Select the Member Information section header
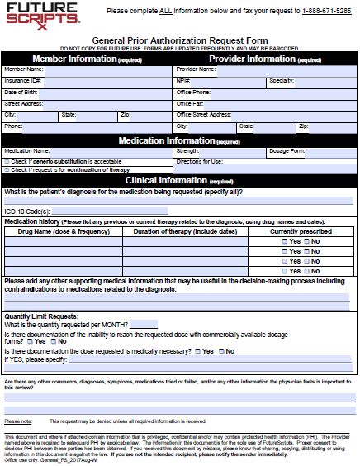(x=88, y=59)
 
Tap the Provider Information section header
(x=265, y=59)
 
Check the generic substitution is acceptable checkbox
(x=7, y=161)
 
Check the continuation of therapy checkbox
(x=7, y=169)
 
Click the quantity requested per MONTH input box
(x=143, y=323)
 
